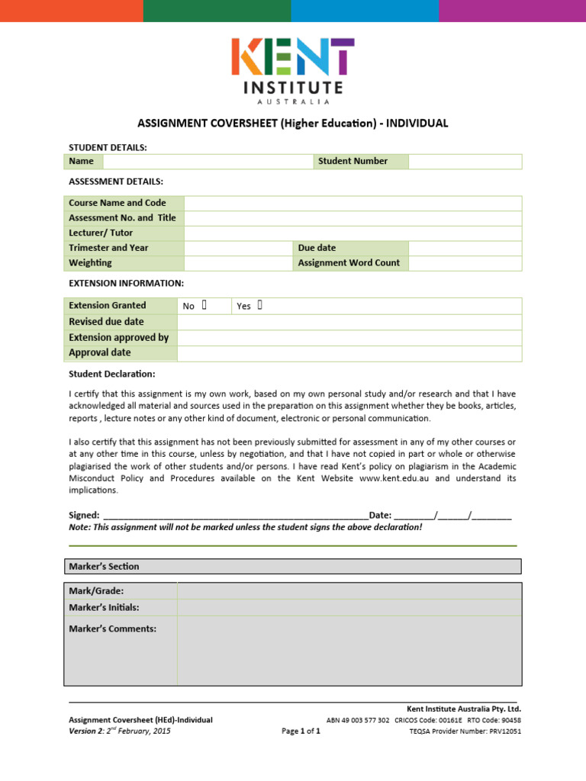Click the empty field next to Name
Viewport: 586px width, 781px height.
[208, 161]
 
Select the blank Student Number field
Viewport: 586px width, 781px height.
[465, 161]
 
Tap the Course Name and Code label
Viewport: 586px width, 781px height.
[118, 203]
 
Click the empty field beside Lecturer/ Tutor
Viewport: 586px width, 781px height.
[353, 233]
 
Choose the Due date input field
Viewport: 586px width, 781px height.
[465, 248]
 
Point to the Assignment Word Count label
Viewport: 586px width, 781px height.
[349, 262]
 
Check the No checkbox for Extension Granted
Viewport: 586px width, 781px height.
[204, 305]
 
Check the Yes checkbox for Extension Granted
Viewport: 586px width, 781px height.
[260, 305]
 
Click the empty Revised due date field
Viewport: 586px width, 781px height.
[349, 321]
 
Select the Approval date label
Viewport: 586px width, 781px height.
[100, 352]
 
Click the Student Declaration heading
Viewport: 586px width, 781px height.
[112, 374]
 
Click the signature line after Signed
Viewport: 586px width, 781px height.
[235, 516]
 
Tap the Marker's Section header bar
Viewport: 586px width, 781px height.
[293, 566]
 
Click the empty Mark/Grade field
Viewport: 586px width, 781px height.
[349, 591]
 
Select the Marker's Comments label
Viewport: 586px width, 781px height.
[112, 628]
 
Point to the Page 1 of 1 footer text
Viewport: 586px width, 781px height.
[301, 731]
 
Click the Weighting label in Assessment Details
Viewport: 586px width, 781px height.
[90, 262]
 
